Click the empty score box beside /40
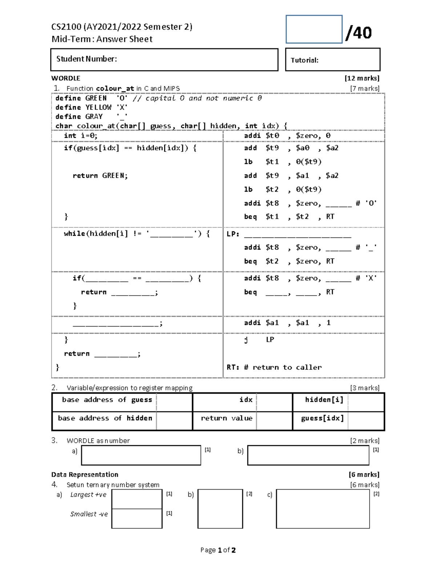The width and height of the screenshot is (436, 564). [x=314, y=29]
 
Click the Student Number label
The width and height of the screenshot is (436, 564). [x=86, y=59]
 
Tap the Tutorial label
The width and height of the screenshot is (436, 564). [x=304, y=60]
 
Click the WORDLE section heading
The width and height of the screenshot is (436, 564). [x=66, y=78]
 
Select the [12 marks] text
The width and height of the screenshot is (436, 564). [x=362, y=78]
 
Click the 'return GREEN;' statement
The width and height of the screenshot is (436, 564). [x=100, y=176]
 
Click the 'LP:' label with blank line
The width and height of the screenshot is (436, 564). [x=289, y=234]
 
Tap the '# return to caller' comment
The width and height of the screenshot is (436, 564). [x=282, y=367]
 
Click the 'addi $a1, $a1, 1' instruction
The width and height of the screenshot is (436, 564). [x=287, y=323]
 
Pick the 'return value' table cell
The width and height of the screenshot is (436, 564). [x=226, y=418]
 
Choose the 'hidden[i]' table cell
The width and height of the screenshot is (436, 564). [x=324, y=400]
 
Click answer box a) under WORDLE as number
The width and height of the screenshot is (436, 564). [x=141, y=455]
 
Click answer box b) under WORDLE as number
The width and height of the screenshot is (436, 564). [x=308, y=455]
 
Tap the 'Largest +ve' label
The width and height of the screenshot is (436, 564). [x=88, y=495]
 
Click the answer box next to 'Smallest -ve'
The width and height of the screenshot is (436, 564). [x=137, y=518]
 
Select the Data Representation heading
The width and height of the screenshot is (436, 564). [x=85, y=474]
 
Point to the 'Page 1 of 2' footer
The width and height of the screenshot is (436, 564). [x=218, y=550]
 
